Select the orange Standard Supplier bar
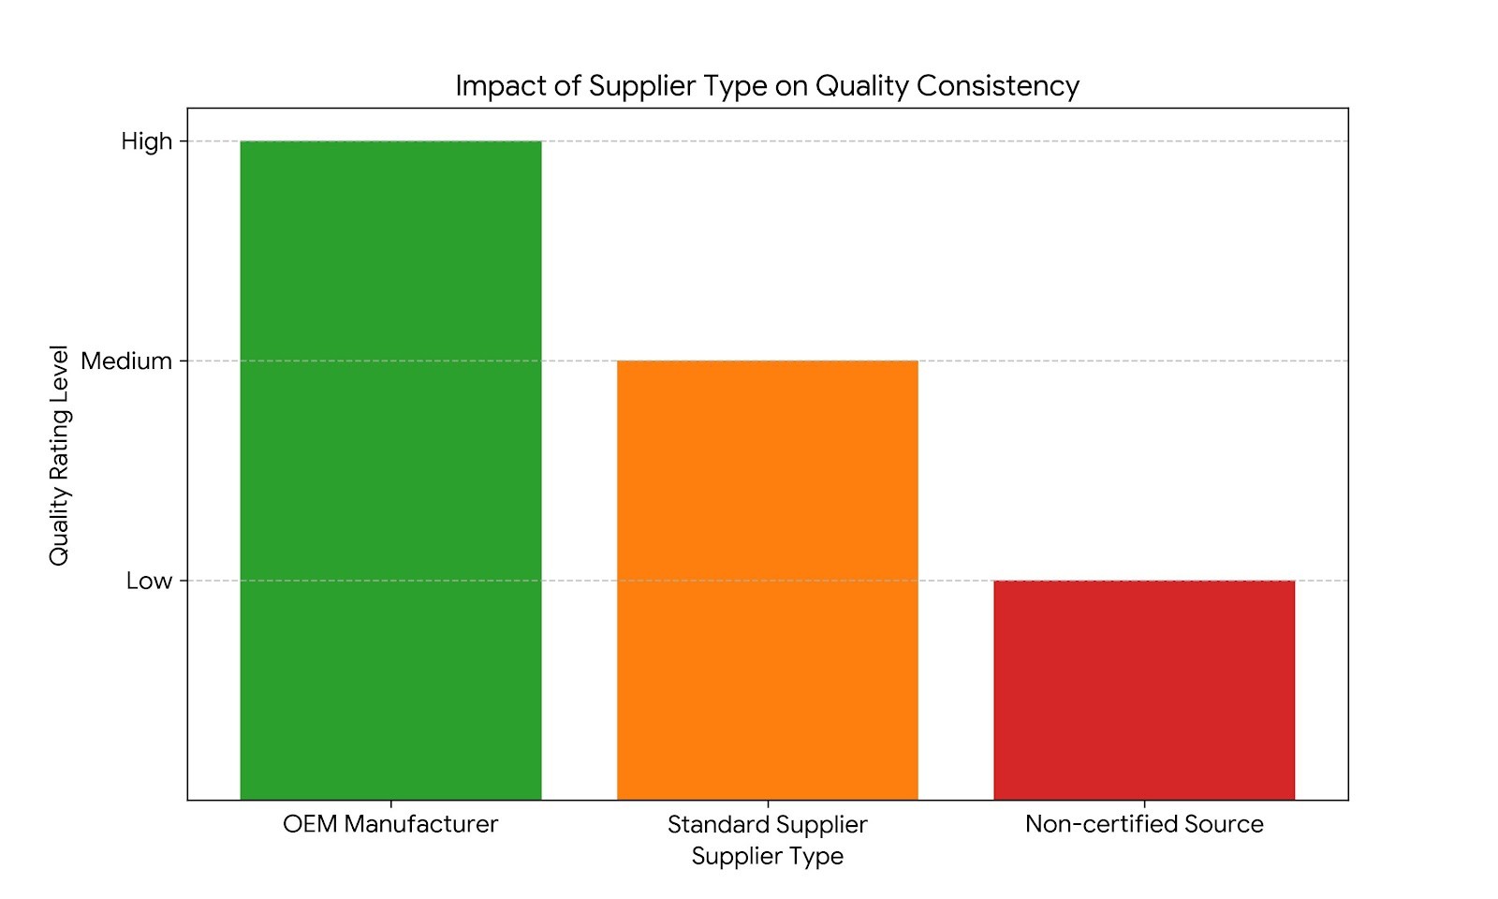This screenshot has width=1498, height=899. point(767,580)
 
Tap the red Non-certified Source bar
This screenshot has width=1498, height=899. point(1143,689)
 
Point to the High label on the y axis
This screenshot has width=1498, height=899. point(147,141)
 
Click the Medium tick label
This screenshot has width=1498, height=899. point(126,361)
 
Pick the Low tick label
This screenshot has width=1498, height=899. point(150,581)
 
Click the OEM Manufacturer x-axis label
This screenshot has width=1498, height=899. point(390,824)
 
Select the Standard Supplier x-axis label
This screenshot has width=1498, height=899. point(767,824)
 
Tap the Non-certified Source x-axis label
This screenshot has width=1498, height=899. point(1143,824)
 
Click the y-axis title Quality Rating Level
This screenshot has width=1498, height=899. point(59,455)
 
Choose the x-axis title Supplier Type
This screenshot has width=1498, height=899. point(767,856)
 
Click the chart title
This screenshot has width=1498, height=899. point(767,85)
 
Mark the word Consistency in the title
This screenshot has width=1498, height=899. point(998,85)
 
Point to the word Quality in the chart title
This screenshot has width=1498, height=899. point(861,85)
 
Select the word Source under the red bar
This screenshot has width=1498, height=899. point(1224,824)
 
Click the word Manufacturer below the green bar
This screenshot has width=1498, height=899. point(420,824)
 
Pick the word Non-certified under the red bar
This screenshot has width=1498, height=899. point(1101,824)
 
